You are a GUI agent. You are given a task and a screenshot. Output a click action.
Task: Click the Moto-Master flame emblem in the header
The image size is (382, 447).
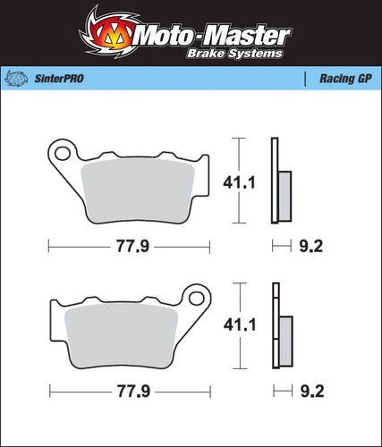click(110, 33)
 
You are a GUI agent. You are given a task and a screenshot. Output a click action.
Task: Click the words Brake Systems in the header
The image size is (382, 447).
click(234, 54)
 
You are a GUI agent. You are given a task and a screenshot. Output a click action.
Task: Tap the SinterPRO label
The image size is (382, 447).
click(59, 79)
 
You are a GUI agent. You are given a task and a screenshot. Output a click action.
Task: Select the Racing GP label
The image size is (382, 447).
click(345, 79)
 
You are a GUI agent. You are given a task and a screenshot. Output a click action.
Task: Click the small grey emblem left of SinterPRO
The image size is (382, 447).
click(17, 79)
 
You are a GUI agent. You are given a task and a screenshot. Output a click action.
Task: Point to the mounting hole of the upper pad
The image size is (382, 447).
click(63, 154)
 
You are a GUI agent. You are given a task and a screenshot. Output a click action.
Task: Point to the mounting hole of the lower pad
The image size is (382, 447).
click(197, 299)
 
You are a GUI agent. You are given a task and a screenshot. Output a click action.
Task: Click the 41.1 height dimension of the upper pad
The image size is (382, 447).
click(239, 182)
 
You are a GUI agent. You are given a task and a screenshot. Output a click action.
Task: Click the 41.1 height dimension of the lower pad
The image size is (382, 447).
click(240, 325)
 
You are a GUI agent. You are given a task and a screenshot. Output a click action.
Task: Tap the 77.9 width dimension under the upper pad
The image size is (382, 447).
click(132, 247)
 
